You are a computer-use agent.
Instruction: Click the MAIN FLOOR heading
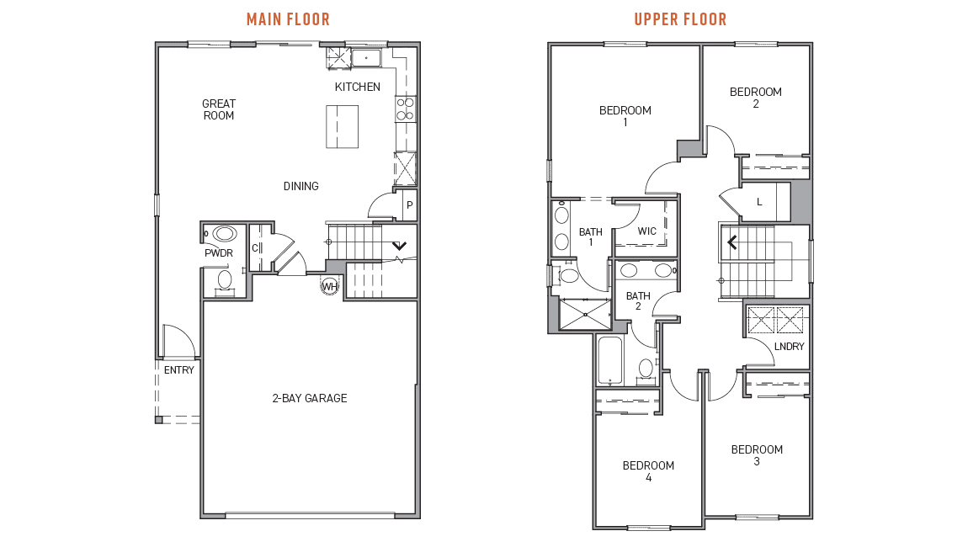pos(288,19)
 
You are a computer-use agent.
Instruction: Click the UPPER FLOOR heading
pos(680,19)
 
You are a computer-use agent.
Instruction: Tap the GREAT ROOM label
pos(219,109)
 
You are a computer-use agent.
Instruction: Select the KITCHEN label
pos(358,87)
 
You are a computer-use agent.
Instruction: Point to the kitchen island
pos(342,126)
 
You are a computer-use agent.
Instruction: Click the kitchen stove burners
pos(405,109)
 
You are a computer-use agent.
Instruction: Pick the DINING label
pos(301,186)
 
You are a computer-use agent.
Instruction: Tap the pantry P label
pos(409,205)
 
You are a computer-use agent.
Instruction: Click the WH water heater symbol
pos(330,286)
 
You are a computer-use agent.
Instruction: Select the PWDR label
pos(219,252)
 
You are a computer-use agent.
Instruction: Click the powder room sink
pos(224,234)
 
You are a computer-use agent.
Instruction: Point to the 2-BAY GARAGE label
pos(309,398)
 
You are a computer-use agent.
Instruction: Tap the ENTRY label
pos(179,369)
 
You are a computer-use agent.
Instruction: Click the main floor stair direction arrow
pos(400,246)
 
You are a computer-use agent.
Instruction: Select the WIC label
pos(647,231)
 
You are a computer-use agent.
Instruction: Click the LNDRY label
pos(789,347)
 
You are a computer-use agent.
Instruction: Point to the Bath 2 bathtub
pos(610,360)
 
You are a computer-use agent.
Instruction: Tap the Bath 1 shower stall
pos(585,314)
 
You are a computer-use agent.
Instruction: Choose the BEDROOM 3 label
pos(757,455)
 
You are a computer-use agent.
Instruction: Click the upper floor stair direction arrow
pos(732,242)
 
